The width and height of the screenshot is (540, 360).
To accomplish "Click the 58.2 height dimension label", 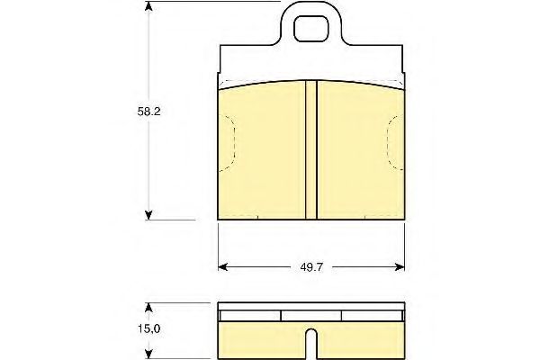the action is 148,112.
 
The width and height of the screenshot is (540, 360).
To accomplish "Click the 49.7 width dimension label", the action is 311,267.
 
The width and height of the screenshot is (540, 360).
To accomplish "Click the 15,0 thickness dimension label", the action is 149,329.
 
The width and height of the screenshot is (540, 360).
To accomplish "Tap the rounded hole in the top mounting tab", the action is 311,28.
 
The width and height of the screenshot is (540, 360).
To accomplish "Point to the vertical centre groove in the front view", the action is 311,150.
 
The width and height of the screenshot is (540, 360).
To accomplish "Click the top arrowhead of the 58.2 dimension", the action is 148,6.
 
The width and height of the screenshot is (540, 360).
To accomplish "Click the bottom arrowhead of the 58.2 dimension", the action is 148,215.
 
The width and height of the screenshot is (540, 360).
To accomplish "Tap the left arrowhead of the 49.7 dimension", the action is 223,267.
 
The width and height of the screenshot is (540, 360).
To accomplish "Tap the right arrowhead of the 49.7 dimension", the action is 400,267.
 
